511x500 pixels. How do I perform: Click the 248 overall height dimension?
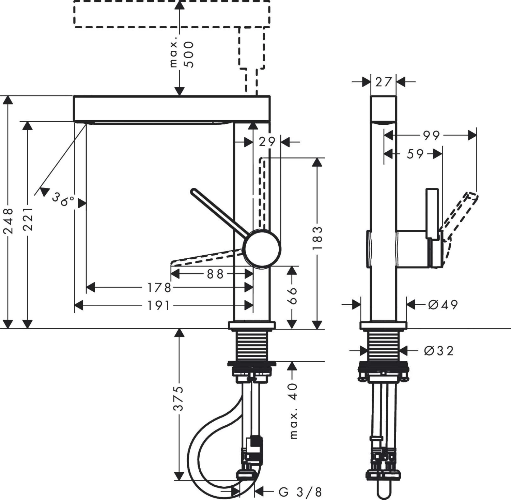click(8, 221)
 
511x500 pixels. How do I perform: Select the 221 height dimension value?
click(28, 218)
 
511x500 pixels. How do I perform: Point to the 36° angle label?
click(63, 199)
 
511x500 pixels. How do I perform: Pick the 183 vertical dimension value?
click(317, 238)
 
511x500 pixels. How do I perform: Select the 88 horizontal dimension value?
click(215, 274)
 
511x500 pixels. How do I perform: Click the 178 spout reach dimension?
click(159, 288)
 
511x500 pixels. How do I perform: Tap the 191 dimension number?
click(159, 306)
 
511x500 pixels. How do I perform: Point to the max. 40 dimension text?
click(293, 411)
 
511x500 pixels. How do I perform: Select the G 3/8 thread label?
click(300, 492)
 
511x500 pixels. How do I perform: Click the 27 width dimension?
click(384, 82)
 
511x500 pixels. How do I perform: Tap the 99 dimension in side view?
click(431, 136)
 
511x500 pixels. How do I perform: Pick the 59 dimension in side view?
click(415, 154)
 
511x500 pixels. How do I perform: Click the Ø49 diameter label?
click(443, 304)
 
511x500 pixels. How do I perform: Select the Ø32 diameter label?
click(439, 350)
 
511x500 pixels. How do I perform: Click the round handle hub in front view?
click(262, 248)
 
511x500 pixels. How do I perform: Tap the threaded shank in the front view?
click(252, 345)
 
